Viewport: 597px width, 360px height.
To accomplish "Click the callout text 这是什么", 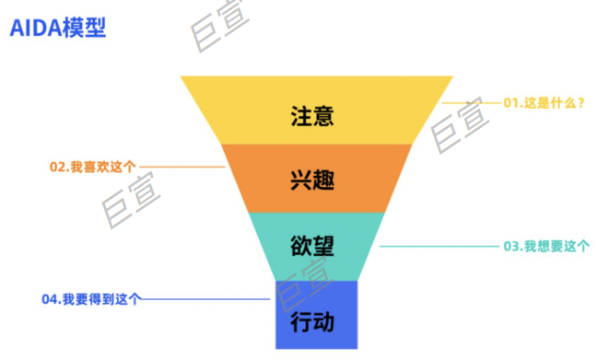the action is point(549,103).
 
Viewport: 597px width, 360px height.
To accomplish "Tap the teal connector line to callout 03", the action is point(438,246).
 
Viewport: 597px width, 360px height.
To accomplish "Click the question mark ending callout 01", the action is point(581,103).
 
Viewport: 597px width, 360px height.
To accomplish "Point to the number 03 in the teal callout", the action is point(510,246).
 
